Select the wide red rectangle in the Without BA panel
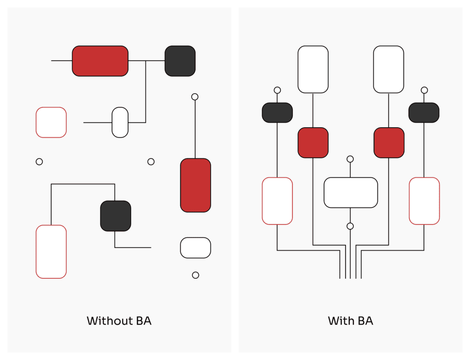click(100, 61)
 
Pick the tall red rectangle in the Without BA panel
click(196, 185)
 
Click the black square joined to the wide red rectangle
click(180, 61)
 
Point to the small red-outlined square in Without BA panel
click(51, 122)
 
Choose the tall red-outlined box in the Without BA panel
click(51, 252)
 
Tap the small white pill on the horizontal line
click(120, 122)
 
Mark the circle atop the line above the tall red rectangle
click(195, 97)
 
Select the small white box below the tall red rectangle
click(196, 248)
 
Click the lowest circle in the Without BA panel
click(196, 275)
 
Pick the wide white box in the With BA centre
click(351, 192)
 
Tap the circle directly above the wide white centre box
click(350, 159)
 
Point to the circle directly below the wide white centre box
click(350, 226)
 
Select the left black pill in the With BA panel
click(277, 112)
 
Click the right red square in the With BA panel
click(389, 143)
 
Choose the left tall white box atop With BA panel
click(313, 69)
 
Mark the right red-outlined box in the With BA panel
click(424, 201)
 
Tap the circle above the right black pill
click(424, 90)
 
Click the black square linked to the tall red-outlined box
click(116, 216)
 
